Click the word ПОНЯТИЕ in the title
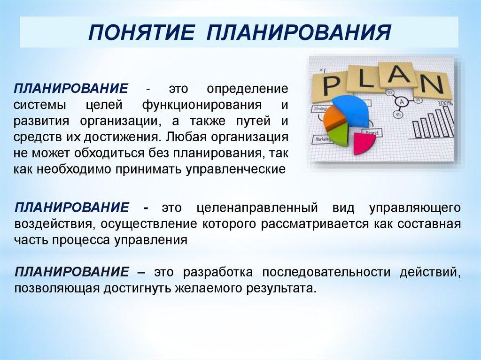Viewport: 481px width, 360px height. coord(141,32)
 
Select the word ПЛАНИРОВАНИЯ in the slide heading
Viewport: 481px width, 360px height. coord(299,32)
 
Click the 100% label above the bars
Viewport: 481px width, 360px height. coord(445,103)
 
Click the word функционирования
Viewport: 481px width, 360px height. coord(202,105)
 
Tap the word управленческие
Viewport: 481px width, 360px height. coord(236,169)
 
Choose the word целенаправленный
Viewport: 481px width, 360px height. coord(257,208)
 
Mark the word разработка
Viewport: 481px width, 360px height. coord(218,272)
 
